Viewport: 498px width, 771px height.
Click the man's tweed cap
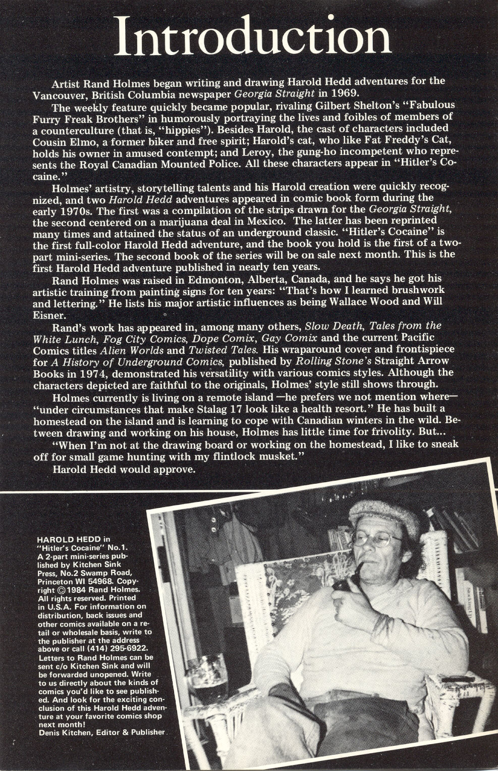pos(383,515)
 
